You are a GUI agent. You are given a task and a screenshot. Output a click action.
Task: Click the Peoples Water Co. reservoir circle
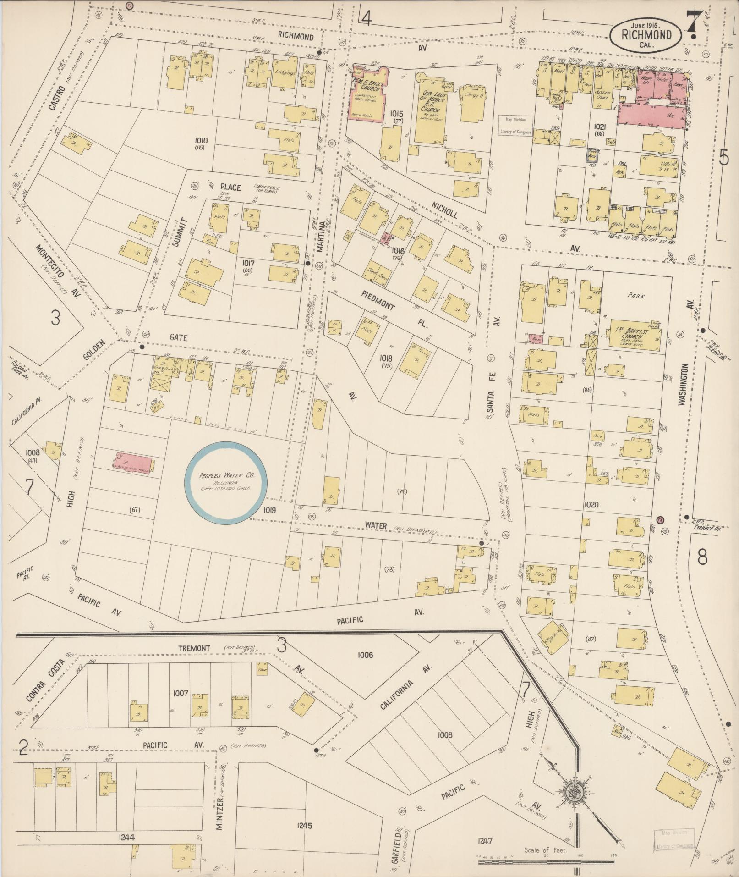coord(226,482)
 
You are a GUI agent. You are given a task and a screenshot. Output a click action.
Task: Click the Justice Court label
coord(603,95)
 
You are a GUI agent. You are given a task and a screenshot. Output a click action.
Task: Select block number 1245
coord(304,826)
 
